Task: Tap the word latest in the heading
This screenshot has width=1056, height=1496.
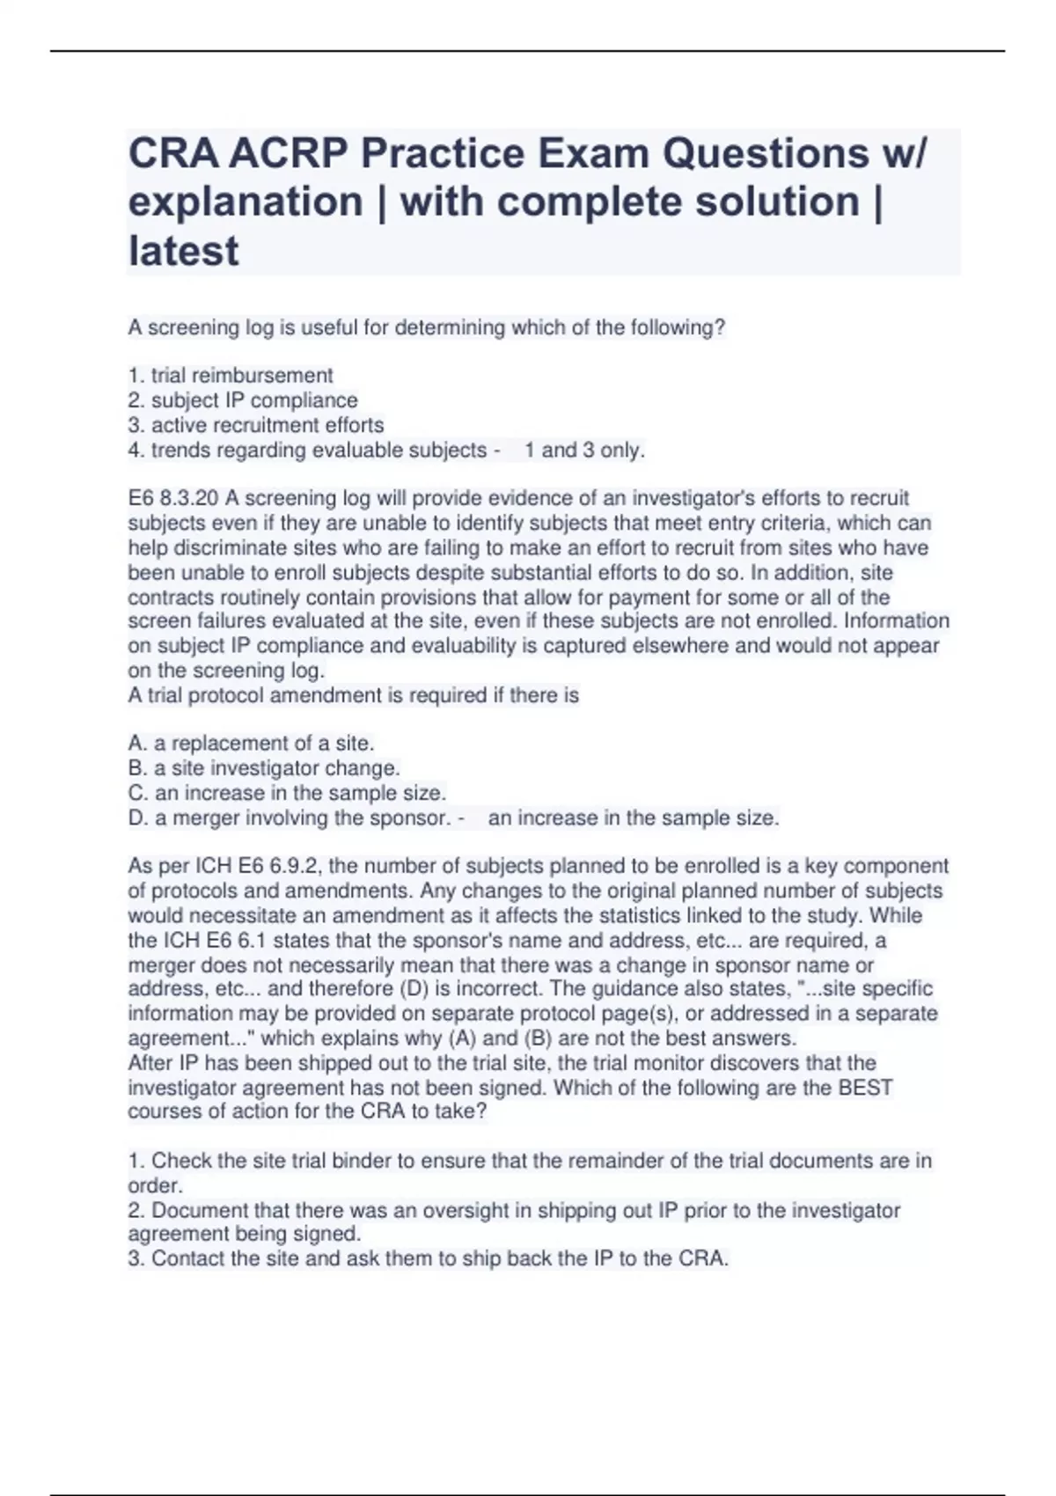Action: pyautogui.click(x=183, y=252)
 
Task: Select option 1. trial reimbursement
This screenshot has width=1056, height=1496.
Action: pyautogui.click(x=231, y=376)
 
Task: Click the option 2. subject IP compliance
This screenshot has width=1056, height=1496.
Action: pyautogui.click(x=243, y=400)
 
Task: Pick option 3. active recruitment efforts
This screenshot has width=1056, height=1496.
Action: pyautogui.click(x=256, y=425)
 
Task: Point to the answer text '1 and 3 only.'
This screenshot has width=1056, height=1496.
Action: pyautogui.click(x=584, y=451)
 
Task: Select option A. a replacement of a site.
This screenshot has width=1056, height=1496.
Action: pyautogui.click(x=252, y=744)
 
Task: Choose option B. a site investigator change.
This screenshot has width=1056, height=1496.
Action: pyautogui.click(x=264, y=768)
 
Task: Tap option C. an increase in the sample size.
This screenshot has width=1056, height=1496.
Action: pyautogui.click(x=287, y=793)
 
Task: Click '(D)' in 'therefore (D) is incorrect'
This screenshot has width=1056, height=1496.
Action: pyautogui.click(x=415, y=989)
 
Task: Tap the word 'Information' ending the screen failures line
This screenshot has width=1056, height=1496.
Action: pyautogui.click(x=897, y=621)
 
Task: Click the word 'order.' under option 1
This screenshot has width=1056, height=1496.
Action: pyautogui.click(x=155, y=1185)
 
